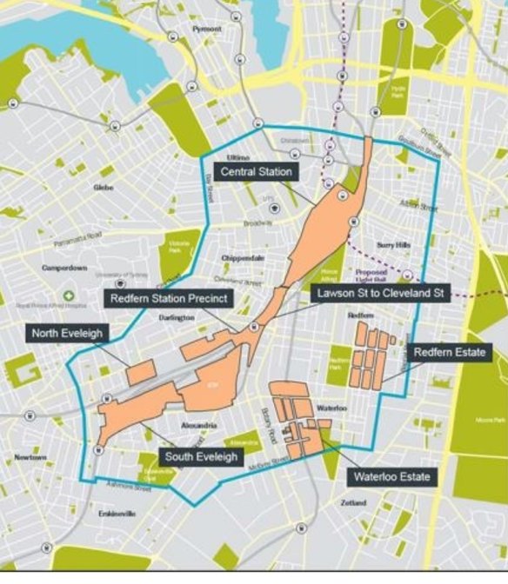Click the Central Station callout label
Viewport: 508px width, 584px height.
click(x=255, y=172)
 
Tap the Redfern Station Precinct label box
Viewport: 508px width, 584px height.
click(x=169, y=299)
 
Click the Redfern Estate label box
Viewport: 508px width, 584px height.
click(x=449, y=353)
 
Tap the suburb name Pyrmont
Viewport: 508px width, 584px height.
click(x=208, y=28)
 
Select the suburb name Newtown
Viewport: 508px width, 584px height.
click(x=29, y=456)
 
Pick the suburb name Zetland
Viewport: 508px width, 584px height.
click(x=353, y=503)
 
